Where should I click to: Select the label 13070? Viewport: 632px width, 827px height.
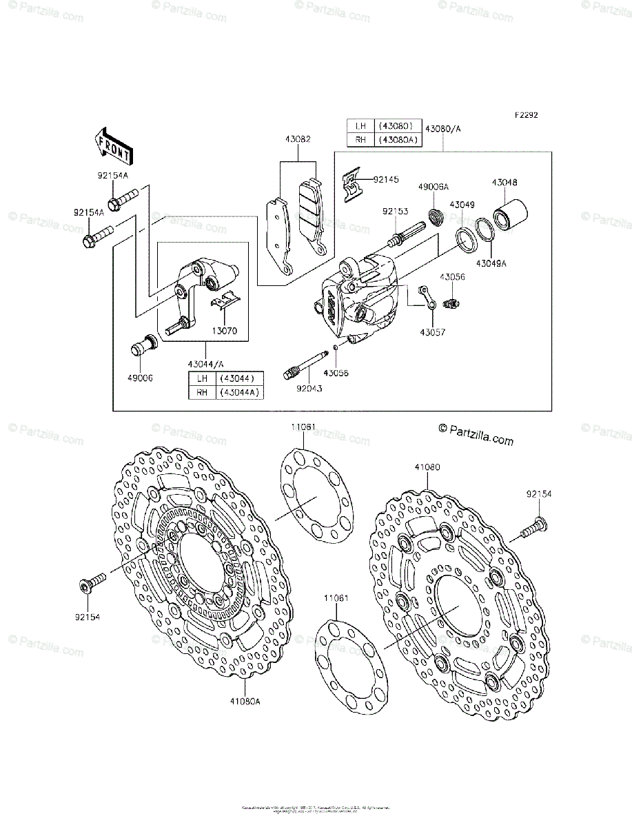225,331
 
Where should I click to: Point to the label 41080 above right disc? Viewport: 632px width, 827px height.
427,467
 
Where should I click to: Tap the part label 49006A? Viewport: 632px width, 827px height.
434,187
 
